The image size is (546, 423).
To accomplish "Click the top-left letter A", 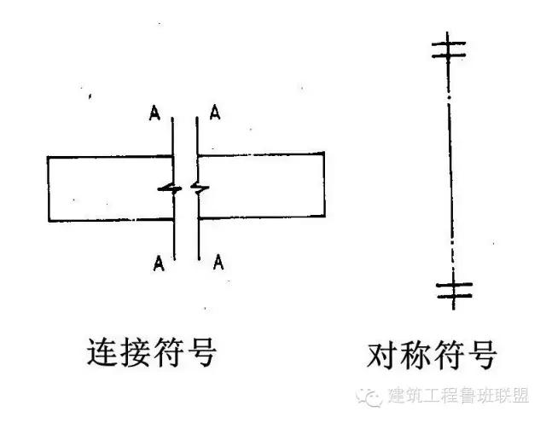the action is pos(154,113).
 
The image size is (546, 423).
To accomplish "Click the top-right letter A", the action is pos(217,113).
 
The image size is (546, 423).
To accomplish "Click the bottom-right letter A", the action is pos(218,260).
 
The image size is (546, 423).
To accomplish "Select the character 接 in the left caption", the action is pos(138,352).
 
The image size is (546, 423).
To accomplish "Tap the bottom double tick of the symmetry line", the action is pos(450,291).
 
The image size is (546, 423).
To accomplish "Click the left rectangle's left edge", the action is pos(49,188).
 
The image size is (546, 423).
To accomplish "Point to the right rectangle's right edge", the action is pos(324,186).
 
